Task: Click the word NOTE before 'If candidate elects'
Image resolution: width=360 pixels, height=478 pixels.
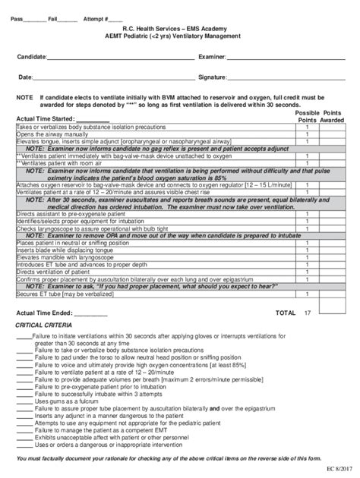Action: (24, 98)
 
